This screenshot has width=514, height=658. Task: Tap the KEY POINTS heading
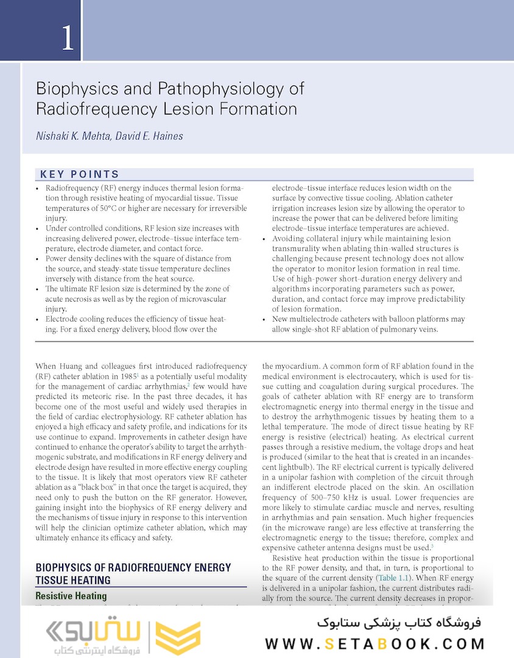click(x=80, y=175)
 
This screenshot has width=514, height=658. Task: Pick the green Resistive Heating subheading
click(x=71, y=596)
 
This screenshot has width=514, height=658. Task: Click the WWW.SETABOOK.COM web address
click(x=375, y=643)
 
